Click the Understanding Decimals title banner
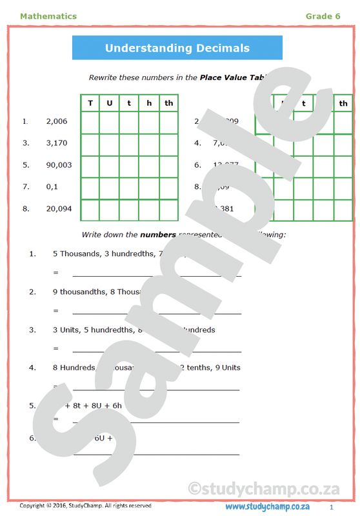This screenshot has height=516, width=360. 177,48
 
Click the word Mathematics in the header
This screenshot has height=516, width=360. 48,16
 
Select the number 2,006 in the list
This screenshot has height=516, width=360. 57,121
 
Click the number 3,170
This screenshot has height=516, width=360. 57,143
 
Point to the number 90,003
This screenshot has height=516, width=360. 59,165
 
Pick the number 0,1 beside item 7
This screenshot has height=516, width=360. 52,187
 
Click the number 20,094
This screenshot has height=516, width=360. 59,208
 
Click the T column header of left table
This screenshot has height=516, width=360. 90,103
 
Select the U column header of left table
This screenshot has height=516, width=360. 109,103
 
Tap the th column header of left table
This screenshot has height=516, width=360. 168,103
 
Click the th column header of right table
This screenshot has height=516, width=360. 343,103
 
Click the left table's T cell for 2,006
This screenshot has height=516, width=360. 90,122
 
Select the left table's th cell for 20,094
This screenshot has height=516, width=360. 168,210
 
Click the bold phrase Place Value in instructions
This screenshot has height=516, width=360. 223,77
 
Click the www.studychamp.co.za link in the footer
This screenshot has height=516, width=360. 267,506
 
